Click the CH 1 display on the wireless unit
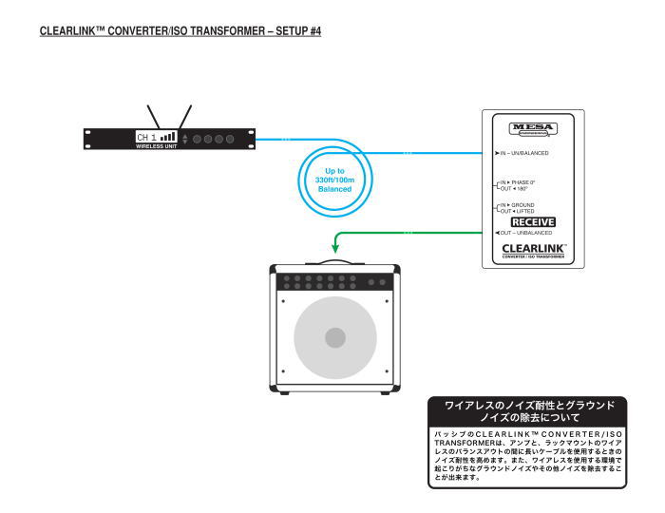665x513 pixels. pyautogui.click(x=156, y=137)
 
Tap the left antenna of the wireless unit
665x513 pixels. pyautogui.click(x=153, y=115)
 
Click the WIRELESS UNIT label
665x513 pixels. pyautogui.click(x=156, y=146)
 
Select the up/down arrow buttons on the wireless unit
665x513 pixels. pyautogui.click(x=184, y=138)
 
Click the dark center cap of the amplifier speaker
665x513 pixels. pyautogui.click(x=333, y=337)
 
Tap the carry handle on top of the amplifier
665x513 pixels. pyautogui.click(x=333, y=259)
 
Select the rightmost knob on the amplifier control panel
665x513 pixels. pyautogui.click(x=384, y=281)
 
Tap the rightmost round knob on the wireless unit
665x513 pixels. pyautogui.click(x=229, y=139)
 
